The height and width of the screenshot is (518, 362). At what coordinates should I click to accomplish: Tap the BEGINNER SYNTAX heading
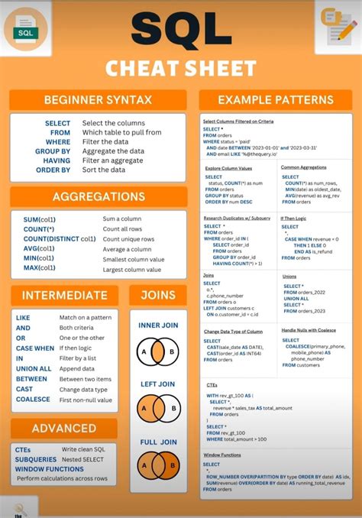(98, 99)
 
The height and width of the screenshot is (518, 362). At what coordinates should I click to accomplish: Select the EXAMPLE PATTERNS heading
(275, 99)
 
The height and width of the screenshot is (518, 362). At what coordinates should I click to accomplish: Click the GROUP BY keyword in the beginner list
(53, 151)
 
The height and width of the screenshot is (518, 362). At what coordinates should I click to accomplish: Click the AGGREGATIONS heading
(98, 196)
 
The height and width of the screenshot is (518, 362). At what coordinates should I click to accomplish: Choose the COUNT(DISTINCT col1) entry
(60, 239)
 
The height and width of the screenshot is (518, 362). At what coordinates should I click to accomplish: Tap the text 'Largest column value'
(133, 269)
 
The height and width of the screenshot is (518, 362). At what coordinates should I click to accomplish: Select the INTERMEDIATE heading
(64, 295)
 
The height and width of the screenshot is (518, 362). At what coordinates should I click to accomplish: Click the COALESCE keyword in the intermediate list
(33, 400)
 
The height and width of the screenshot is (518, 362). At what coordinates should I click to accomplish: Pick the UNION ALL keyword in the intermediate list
(34, 368)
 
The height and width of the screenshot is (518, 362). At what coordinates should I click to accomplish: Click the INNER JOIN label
(158, 325)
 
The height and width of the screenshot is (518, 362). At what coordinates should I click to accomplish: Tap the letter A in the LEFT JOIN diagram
(143, 409)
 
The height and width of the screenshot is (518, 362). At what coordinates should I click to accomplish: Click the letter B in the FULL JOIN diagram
(173, 465)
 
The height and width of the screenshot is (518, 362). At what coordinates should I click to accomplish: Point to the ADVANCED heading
(64, 428)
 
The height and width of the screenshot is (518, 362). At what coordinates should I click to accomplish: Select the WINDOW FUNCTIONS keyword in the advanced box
(50, 468)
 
